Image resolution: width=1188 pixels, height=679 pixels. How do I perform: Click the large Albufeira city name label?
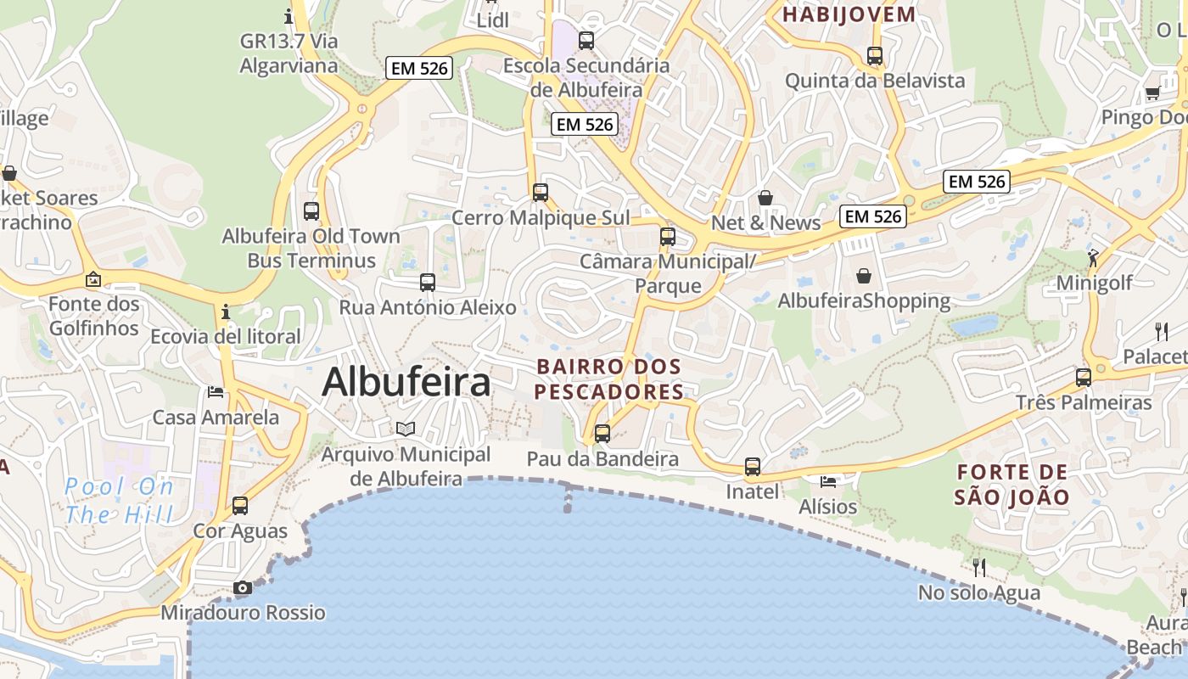[x=406, y=382]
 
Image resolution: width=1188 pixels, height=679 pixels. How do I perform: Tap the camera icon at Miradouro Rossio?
[x=243, y=587]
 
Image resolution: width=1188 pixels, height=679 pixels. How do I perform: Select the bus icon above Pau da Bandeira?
[x=602, y=433]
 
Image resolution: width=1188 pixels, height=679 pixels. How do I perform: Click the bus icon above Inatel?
[x=753, y=466]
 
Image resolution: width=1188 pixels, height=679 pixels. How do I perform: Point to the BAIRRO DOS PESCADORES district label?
[x=609, y=379]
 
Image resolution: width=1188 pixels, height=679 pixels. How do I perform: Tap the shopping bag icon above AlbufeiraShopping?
[x=864, y=276]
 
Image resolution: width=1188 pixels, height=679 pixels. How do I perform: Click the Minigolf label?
[x=1095, y=283]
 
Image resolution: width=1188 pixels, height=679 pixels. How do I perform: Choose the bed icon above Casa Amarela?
[x=216, y=392]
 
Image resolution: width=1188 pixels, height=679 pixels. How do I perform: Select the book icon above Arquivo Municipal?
[x=406, y=429]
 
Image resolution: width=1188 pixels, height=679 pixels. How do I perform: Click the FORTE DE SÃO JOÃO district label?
[x=1012, y=485]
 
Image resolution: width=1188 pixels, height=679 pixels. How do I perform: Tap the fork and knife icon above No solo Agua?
[x=979, y=567]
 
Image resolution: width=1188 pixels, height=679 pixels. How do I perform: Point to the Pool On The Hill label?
[x=119, y=501]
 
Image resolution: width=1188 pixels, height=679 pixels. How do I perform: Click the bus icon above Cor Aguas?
[x=240, y=506]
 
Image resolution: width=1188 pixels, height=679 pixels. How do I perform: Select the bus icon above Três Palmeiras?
[x=1084, y=378]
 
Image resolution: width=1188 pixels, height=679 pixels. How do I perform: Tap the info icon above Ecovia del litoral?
[x=225, y=311]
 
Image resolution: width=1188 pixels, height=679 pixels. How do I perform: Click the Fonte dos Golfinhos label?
[x=93, y=316]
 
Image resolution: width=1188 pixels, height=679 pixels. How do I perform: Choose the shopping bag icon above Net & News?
[x=765, y=198]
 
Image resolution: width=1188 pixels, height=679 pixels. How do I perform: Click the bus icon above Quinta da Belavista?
[x=875, y=56]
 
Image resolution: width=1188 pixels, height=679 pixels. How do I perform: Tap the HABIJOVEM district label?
[x=849, y=14]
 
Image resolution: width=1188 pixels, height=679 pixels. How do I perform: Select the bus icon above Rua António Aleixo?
[x=428, y=283]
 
